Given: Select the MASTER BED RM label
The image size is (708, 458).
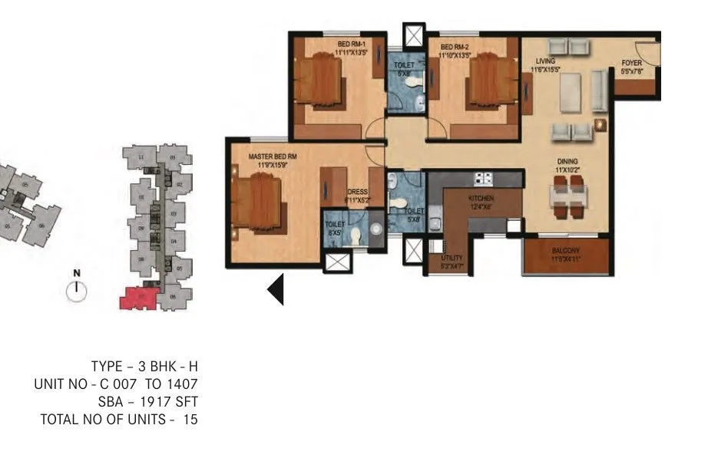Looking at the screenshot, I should point(272,157).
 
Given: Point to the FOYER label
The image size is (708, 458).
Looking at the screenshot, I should point(631,64).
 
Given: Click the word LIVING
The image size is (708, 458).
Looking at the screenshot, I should point(546,62).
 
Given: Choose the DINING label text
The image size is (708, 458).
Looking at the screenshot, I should point(567,161).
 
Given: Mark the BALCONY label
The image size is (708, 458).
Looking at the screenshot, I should point(567,250).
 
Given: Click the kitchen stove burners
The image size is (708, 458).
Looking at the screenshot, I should point(483,180).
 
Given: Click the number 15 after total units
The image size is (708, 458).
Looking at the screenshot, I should point(190,419).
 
